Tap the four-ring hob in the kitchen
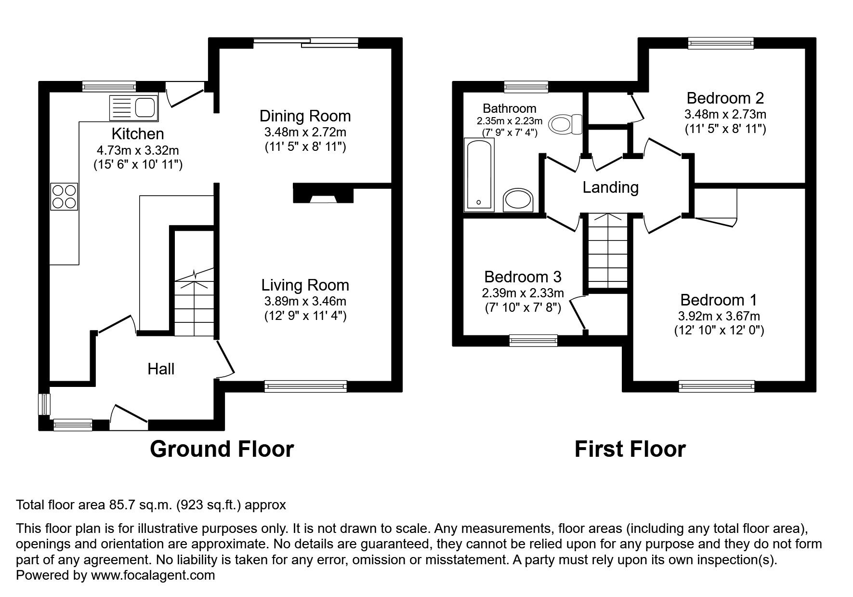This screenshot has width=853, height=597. pyautogui.click(x=64, y=197)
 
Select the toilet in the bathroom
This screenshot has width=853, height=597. pyautogui.click(x=566, y=124)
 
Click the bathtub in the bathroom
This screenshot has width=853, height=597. pyautogui.click(x=479, y=175)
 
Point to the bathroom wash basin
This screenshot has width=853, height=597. pyautogui.click(x=518, y=200)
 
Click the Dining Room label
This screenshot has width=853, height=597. pyautogui.click(x=305, y=116)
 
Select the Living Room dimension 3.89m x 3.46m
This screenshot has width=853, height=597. pyautogui.click(x=305, y=302)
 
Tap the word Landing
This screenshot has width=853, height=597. pyautogui.click(x=610, y=187)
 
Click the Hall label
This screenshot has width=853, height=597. pyautogui.click(x=161, y=369)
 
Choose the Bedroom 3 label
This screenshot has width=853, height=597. pyautogui.click(x=523, y=277)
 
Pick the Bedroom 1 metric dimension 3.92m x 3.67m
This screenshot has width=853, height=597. pyautogui.click(x=719, y=317)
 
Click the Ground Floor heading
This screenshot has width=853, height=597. pyautogui.click(x=222, y=449)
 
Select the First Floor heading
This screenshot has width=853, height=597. pyautogui.click(x=630, y=449)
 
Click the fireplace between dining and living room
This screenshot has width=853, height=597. pyautogui.click(x=323, y=194)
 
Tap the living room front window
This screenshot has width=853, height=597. pyautogui.click(x=305, y=386)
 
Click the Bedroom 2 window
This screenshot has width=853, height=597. pyautogui.click(x=721, y=43)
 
